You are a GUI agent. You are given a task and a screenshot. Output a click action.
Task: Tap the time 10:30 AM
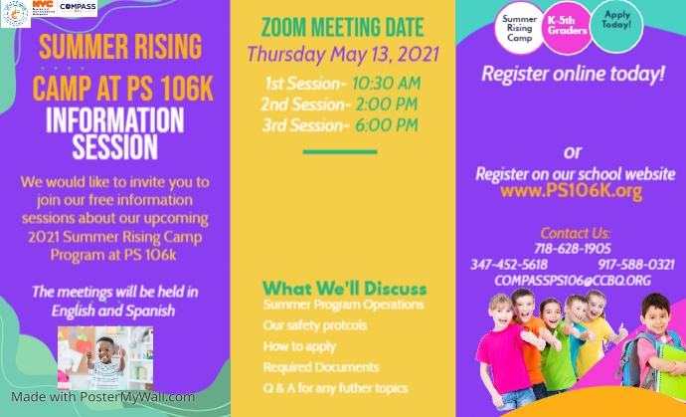tap(386, 83)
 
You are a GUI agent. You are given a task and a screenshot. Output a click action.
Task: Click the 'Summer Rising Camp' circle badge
tap(520, 29)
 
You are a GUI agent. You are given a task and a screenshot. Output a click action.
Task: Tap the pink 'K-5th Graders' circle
tap(568, 25)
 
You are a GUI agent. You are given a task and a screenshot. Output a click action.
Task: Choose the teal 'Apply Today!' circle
tap(616, 22)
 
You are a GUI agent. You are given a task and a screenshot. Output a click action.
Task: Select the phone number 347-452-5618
tap(508, 264)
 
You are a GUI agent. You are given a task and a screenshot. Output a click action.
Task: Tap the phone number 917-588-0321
tap(636, 264)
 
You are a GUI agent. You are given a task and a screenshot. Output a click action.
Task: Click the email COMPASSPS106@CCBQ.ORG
tap(573, 281)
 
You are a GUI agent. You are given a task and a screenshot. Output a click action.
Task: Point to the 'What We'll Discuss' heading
tap(344, 289)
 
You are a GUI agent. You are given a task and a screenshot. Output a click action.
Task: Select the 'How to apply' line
tap(299, 345)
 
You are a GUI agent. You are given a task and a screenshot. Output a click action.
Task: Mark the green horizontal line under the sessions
tap(340, 152)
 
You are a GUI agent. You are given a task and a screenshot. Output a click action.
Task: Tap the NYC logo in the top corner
tap(43, 8)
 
